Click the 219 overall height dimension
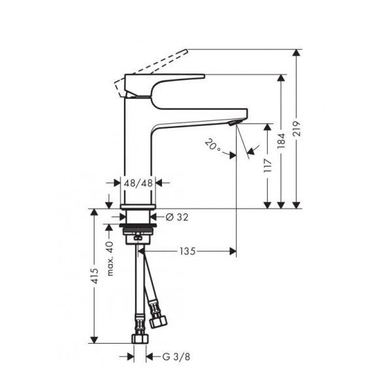click(x=297, y=129)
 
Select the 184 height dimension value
click(x=281, y=140)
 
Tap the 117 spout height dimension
click(x=268, y=165)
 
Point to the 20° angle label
click(x=213, y=146)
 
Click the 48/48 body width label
click(x=139, y=183)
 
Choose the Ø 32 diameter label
click(x=177, y=218)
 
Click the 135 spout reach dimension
click(x=188, y=252)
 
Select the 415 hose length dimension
click(x=94, y=276)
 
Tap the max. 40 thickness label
click(x=110, y=259)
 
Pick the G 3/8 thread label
click(x=176, y=357)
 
